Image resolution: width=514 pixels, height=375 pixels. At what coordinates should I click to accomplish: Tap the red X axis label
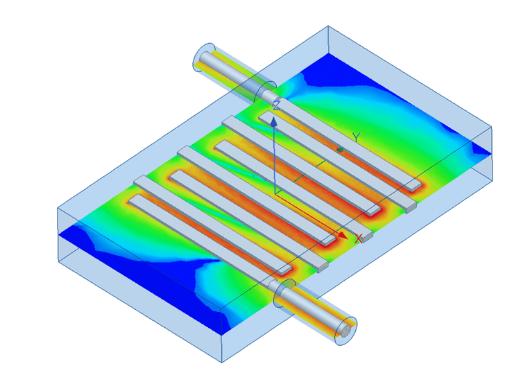click(x=359, y=239)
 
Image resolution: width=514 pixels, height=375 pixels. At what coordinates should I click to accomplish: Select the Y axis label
click(x=355, y=137)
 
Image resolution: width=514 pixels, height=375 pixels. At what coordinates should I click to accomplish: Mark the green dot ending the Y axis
click(x=340, y=149)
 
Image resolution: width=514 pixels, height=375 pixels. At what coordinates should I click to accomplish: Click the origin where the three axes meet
click(x=275, y=194)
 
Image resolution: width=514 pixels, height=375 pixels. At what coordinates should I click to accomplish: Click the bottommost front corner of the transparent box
click(x=223, y=362)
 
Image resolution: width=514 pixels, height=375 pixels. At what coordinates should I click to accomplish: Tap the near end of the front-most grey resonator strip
click(x=284, y=270)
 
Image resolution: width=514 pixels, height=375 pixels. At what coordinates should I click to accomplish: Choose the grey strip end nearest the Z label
click(x=266, y=115)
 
